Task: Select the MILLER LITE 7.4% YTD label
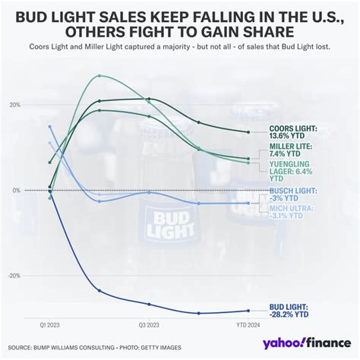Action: coord(291,150)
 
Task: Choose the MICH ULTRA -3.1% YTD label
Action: coord(291,211)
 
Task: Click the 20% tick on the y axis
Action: coord(15,105)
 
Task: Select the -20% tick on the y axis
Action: coord(14,276)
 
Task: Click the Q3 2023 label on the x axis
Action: coord(149,324)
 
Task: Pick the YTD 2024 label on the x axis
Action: coord(248,324)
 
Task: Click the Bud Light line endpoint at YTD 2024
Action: coord(248,310)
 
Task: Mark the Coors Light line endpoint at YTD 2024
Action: coord(248,132)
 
